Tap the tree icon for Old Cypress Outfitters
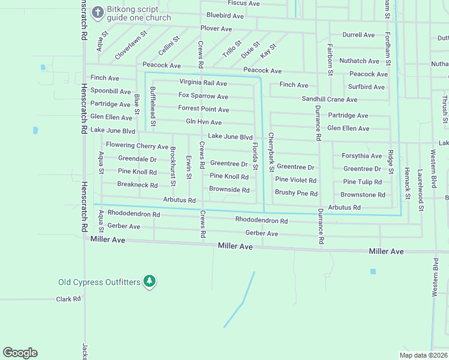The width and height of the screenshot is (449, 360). click(150, 281)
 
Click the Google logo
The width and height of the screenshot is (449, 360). click(20, 353)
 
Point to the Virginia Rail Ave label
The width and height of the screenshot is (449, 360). click(203, 83)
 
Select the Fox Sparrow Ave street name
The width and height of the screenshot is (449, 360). click(203, 96)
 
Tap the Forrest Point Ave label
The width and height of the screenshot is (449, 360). click(203, 109)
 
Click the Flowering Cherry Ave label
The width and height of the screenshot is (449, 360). click(137, 146)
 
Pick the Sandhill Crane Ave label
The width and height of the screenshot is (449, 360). click(329, 100)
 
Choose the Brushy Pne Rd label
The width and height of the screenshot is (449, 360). click(296, 193)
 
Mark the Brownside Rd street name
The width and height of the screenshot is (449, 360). click(229, 190)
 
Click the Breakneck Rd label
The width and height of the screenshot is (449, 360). click(137, 185)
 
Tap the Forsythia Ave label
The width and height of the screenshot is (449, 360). click(362, 156)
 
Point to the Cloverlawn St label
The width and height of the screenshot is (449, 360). click(131, 45)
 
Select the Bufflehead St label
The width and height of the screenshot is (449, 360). click(153, 106)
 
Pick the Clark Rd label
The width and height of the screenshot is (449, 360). click(68, 299)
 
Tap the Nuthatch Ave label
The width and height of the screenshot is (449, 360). click(359, 61)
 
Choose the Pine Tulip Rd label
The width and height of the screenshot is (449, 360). click(363, 182)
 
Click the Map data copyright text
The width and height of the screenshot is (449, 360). click(423, 355)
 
